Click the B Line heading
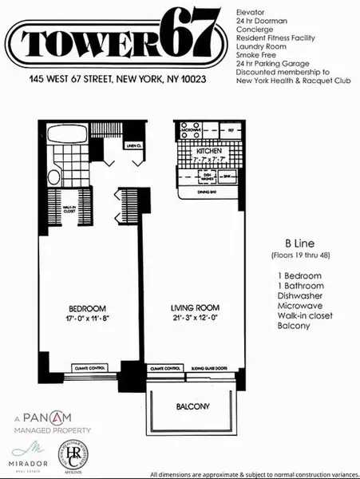click(287, 243)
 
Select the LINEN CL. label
click(133, 145)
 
